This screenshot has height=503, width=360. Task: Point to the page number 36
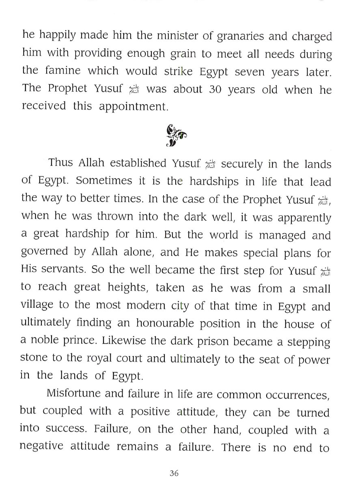(175, 473)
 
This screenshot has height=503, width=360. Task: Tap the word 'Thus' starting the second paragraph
(61, 163)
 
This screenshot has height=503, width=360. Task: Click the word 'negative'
(41, 446)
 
